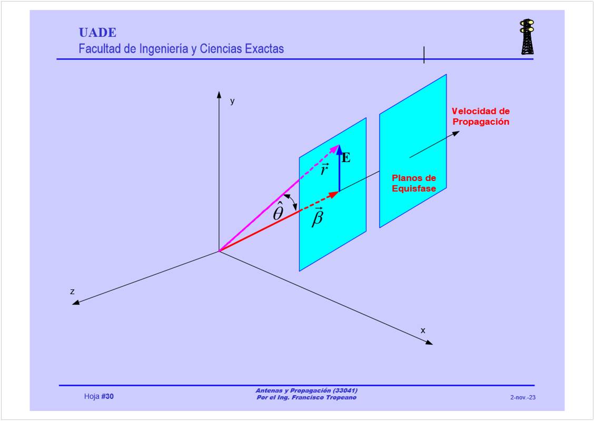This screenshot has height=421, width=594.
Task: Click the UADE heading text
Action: tap(97, 33)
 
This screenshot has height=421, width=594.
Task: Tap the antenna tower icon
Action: tap(527, 37)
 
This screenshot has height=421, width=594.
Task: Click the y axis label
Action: tap(232, 102)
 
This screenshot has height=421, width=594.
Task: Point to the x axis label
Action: tap(423, 330)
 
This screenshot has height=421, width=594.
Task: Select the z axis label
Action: tap(72, 291)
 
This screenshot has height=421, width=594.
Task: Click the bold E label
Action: tap(346, 157)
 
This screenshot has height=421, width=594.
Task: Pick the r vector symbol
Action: tap(325, 169)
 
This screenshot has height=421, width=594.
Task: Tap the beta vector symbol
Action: tap(318, 217)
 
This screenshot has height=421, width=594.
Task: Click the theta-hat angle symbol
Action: tap(278, 212)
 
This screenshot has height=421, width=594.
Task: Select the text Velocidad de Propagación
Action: tap(480, 116)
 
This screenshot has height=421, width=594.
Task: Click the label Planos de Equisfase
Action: tap(414, 183)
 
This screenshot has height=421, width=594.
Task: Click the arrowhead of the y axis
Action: tap(219, 94)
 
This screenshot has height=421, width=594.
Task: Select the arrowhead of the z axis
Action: tap(76, 303)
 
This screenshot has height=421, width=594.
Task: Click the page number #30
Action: tap(107, 397)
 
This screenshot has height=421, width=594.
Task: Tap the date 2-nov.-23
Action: tap(523, 397)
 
